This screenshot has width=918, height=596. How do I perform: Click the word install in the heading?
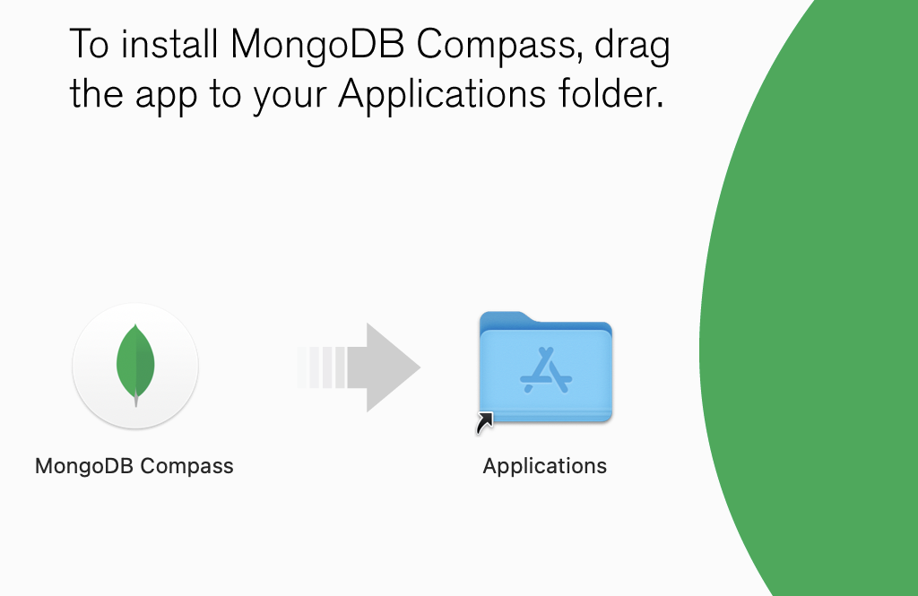point(169,43)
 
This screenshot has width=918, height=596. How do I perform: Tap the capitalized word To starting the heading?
point(89,44)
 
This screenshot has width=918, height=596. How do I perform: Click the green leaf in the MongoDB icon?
point(135,363)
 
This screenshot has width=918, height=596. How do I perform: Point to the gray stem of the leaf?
point(136,400)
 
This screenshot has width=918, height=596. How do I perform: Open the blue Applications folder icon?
point(546,367)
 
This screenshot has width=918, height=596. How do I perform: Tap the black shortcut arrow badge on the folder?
point(485,423)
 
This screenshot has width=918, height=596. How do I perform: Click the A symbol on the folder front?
point(546,370)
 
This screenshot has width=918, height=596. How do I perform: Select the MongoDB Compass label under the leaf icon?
point(134,466)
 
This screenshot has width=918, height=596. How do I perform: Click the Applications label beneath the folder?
point(544,467)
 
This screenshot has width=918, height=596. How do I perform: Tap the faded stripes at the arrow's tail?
point(322,367)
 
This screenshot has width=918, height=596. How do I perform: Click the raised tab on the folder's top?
point(507,318)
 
